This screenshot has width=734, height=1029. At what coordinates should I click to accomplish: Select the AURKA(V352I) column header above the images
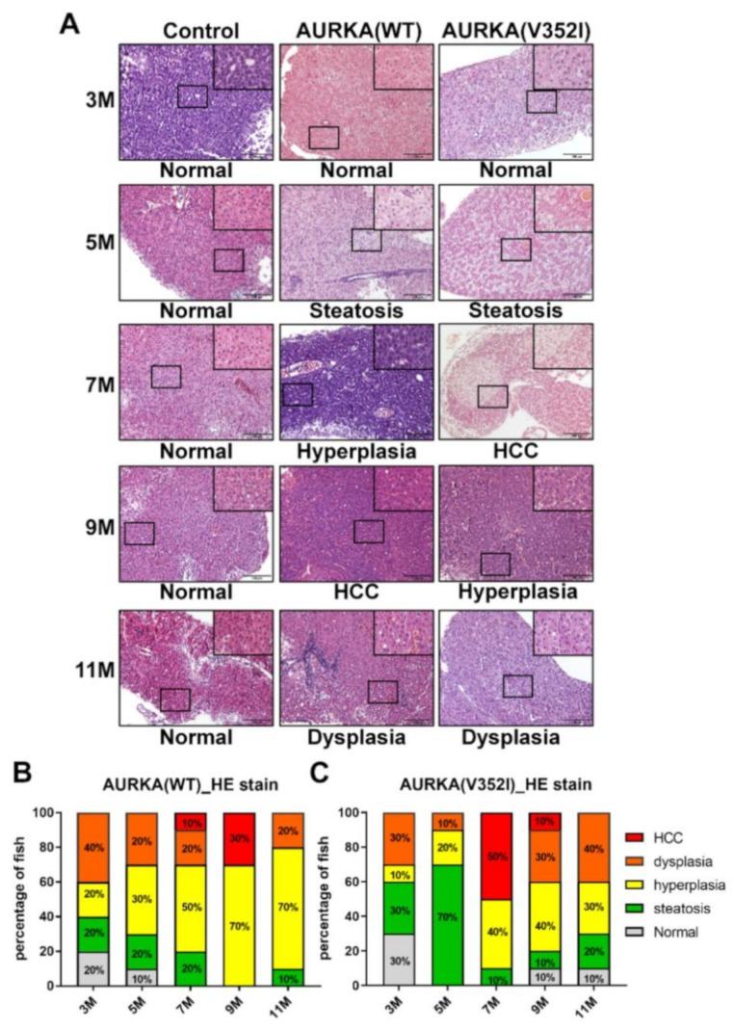point(516,30)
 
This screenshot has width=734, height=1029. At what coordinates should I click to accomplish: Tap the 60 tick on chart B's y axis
point(57,882)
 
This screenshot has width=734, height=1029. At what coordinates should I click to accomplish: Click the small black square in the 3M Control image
point(193,95)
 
